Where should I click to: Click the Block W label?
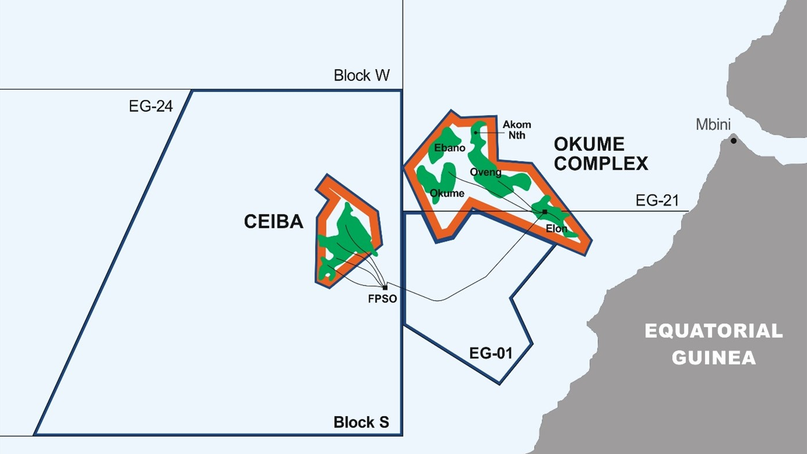pos(361,75)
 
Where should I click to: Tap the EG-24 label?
pos(151,106)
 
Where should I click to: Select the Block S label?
pos(361,422)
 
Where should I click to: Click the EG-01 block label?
pos(491,353)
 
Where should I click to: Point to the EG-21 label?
pos(657,201)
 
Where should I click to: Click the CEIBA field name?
pos(273,221)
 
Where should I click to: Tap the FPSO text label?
pos(383,299)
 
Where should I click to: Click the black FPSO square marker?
pos(385,287)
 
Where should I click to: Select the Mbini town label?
pos(713,124)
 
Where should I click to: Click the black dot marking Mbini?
pos(734,140)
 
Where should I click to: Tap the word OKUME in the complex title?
pos(589,143)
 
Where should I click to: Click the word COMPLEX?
pos(601,164)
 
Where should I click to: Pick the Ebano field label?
pos(450,147)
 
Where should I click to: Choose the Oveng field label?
pos(485,172)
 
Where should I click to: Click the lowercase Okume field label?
pos(447,193)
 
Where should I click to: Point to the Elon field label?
pos(556,228)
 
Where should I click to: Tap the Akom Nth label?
pos(517,130)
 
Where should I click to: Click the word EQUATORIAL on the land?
pos(713,331)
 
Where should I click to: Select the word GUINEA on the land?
pos(713,357)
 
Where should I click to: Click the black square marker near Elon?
pos(545,212)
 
